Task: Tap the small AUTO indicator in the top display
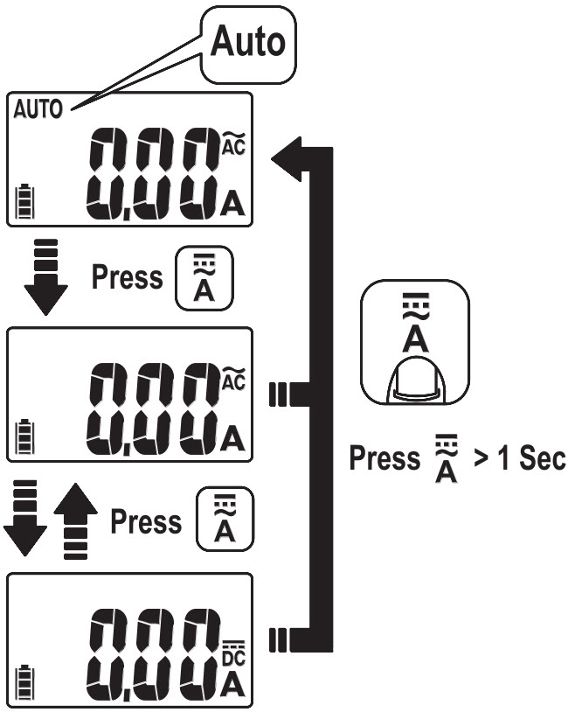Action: (x=38, y=108)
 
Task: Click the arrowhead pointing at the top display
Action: (x=287, y=157)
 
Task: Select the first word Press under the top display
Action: (x=127, y=277)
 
